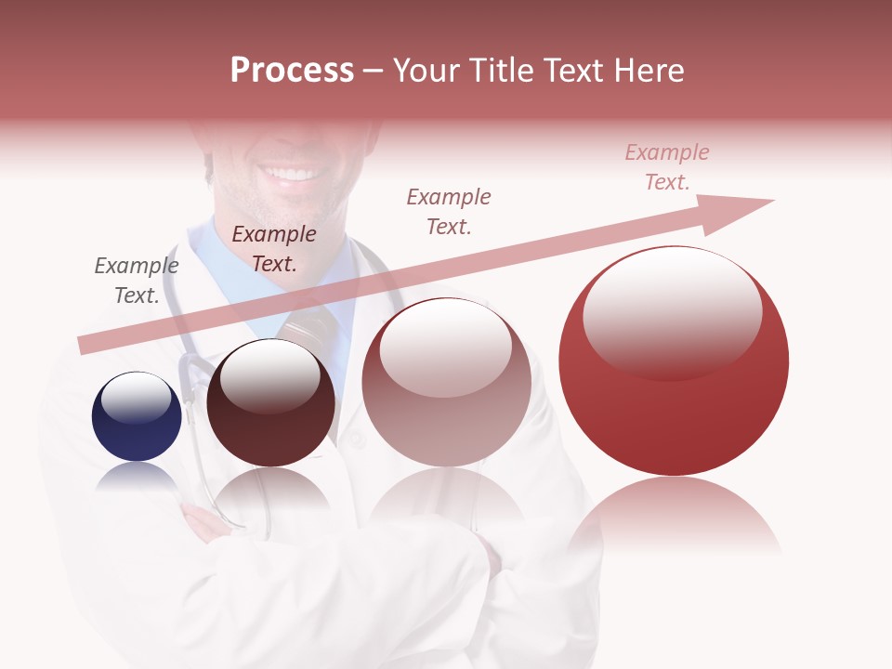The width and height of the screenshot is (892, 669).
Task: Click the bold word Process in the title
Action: pyautogui.click(x=292, y=71)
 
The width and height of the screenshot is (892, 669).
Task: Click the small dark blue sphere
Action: pyautogui.click(x=137, y=417)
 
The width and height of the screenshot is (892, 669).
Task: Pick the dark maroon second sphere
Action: pyautogui.click(x=270, y=405)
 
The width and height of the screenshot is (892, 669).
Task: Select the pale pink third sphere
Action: pyautogui.click(x=446, y=383)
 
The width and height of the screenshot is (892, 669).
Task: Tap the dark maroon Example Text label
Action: pyautogui.click(x=274, y=249)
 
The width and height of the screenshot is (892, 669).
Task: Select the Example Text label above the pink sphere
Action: pyautogui.click(x=449, y=211)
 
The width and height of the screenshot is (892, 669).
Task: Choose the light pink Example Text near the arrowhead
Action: pyautogui.click(x=667, y=167)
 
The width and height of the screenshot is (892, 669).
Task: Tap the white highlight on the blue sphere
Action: pyautogui.click(x=136, y=398)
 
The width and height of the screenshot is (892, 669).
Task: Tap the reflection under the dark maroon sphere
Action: pyautogui.click(x=270, y=492)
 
